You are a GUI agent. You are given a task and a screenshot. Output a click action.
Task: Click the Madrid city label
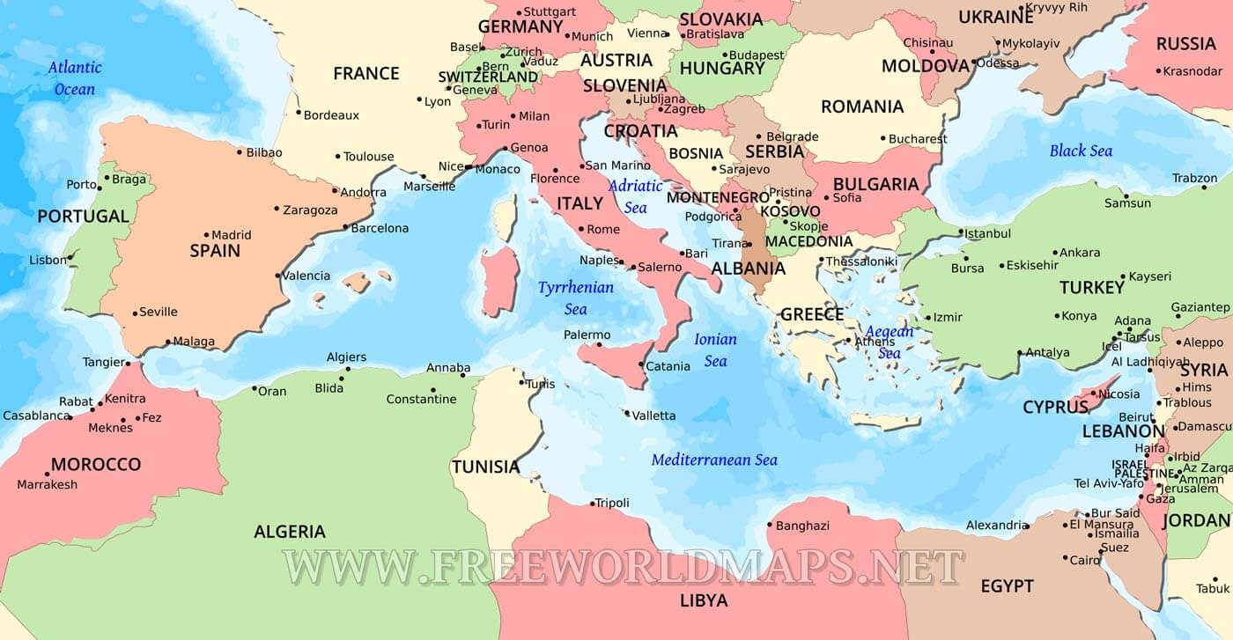coord(232,235)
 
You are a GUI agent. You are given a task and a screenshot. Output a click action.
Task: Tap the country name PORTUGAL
coord(83,216)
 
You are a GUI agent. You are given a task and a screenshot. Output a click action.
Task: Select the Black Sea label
coord(1081,151)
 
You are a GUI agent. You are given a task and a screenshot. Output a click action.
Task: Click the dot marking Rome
coord(580,229)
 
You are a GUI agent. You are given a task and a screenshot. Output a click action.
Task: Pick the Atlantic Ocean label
coord(75,77)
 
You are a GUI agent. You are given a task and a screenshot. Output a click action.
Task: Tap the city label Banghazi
coord(802,526)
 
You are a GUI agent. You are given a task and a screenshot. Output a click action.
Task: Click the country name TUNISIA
coord(486,467)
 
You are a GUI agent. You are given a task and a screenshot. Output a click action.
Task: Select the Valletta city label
coord(654,416)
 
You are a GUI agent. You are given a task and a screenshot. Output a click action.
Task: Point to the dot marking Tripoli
coord(592,504)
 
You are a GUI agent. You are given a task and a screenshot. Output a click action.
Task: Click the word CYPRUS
coord(1055,408)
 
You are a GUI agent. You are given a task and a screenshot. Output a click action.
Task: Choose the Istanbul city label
coord(987,234)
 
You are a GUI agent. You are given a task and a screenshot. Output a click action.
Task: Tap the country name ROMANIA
coord(862,107)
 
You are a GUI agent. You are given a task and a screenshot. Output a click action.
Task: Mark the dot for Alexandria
coord(1027,526)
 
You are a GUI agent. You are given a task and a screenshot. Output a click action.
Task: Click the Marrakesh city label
coord(48,484)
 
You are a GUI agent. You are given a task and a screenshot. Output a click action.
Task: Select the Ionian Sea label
coord(715,349)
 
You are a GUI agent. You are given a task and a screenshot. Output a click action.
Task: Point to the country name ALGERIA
coord(290,532)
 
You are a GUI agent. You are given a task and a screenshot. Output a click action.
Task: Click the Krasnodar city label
coord(1192,71)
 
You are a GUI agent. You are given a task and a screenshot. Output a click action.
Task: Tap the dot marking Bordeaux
coord(299,113)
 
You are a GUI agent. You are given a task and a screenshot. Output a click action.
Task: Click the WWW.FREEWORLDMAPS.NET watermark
coord(622,566)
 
